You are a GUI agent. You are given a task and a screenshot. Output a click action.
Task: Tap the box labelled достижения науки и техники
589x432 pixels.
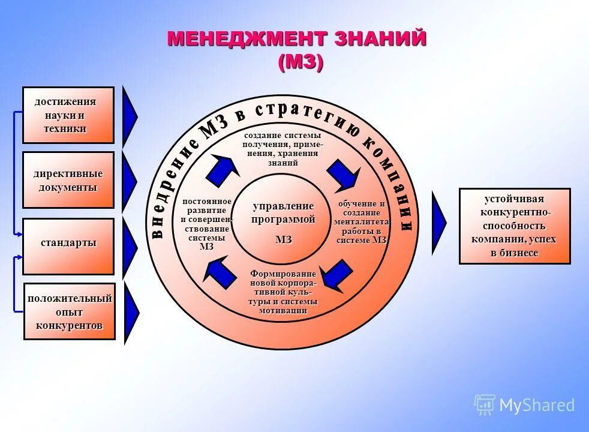68,115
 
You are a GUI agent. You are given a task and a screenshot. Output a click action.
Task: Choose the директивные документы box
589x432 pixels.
68,180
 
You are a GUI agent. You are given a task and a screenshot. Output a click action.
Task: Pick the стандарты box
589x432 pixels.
68,246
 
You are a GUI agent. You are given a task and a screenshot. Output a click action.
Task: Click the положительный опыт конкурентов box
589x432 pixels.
69,311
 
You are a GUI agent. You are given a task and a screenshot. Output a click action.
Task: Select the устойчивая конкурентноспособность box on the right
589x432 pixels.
515,226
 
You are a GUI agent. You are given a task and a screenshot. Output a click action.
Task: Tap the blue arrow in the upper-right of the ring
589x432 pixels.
344,173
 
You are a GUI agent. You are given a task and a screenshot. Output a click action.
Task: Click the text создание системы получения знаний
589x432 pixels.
282,149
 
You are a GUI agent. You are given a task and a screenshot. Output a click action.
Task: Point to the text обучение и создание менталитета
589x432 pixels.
362,222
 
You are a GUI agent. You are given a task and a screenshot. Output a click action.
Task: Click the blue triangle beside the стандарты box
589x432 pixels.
130,246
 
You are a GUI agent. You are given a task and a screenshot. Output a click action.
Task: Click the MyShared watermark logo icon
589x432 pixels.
484,404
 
